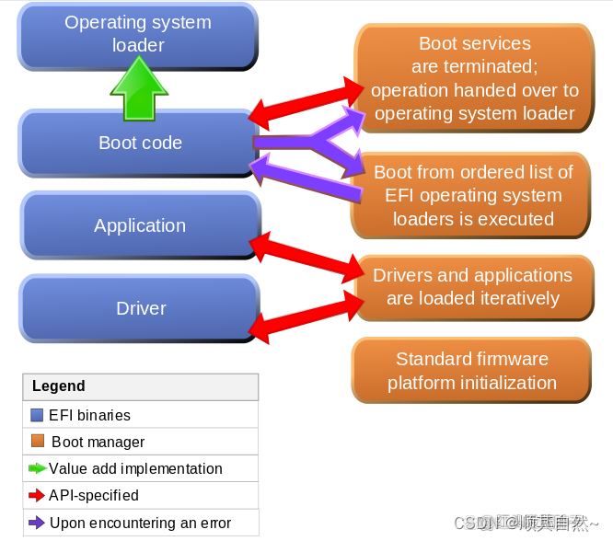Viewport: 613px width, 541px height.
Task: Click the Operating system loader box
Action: (x=138, y=34)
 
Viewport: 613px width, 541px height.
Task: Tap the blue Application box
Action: (x=140, y=225)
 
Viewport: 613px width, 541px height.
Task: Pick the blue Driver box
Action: (x=140, y=308)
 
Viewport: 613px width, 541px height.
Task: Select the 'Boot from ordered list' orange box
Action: (x=472, y=196)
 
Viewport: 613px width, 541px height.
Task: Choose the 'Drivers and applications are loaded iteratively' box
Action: (x=472, y=287)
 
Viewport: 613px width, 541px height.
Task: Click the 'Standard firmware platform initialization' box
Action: (x=471, y=371)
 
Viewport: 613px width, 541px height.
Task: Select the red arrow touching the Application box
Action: (x=308, y=255)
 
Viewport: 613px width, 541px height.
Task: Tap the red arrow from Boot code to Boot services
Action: (x=308, y=102)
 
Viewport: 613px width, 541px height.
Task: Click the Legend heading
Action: (x=59, y=386)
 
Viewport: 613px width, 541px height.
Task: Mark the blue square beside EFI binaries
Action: (x=37, y=415)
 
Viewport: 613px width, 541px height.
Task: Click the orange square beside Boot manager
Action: (x=37, y=442)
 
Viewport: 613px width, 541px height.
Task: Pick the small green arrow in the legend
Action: (x=38, y=468)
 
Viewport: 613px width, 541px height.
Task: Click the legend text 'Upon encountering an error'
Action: (x=141, y=523)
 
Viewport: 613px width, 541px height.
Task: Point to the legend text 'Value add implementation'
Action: (x=135, y=468)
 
